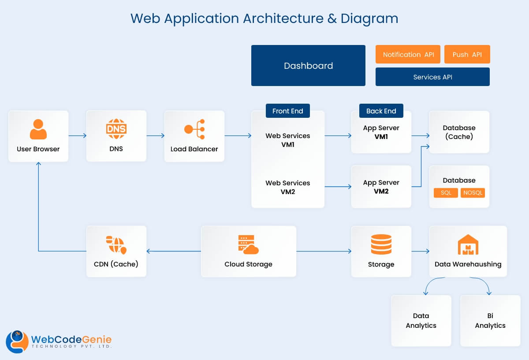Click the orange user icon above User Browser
coord(38,129)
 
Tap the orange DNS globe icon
coord(116,129)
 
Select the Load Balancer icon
coord(194,129)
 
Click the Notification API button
coord(408,54)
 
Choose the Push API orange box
coord(467,54)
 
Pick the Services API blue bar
coord(432,77)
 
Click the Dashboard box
coord(308,65)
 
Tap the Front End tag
coord(287,111)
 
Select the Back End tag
coord(381,111)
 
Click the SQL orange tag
coord(446,193)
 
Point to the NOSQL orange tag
coord(473,193)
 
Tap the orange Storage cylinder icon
coord(381,244)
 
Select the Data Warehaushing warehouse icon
coord(468,244)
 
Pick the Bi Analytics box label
coord(490,321)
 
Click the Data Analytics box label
coord(421,321)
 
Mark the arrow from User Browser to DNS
coord(78,136)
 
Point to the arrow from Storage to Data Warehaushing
coord(420,251)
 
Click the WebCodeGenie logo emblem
coord(17,341)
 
